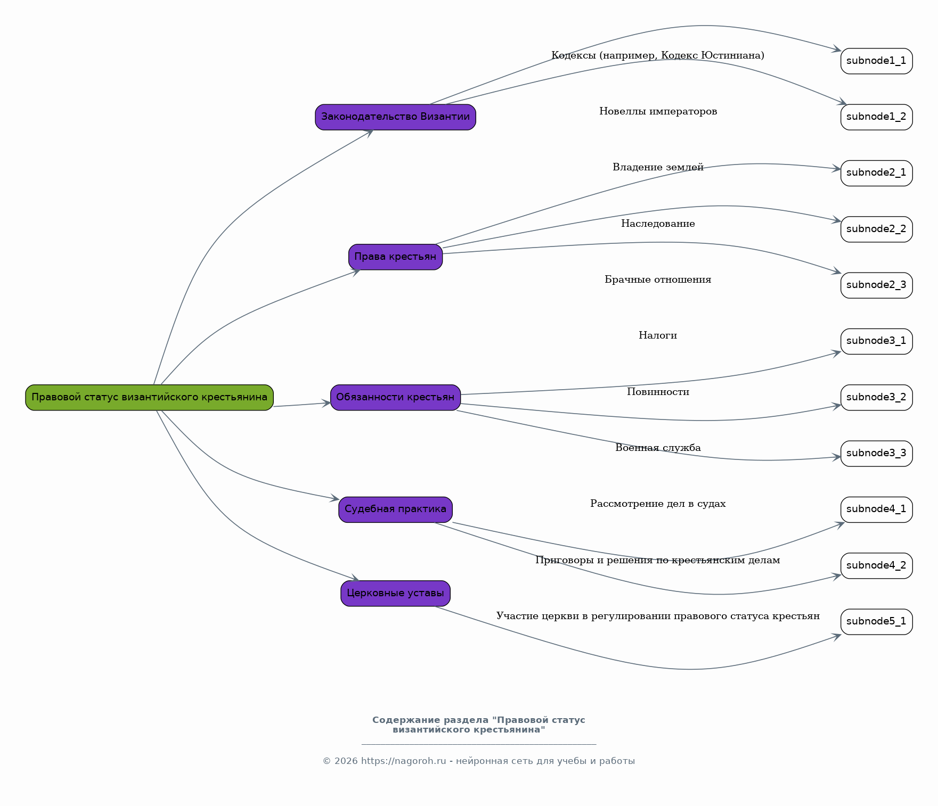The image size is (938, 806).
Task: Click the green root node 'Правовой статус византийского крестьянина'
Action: (149, 397)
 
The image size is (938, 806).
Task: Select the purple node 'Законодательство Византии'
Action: (395, 117)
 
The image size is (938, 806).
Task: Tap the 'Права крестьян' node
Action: (395, 257)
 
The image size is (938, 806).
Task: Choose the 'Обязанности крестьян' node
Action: (395, 397)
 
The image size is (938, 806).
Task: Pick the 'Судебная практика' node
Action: (395, 509)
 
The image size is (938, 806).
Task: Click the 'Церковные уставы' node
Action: (395, 593)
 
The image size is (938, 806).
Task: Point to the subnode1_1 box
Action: (876, 61)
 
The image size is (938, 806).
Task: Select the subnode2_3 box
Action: (876, 285)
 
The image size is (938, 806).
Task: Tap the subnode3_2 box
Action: (876, 397)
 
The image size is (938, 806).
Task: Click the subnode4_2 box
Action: (876, 565)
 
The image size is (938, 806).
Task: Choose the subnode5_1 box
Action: (876, 622)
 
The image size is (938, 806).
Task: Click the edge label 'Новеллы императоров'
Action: (658, 111)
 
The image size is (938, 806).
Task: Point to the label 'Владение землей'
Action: (658, 167)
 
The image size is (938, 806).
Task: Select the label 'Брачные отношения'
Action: (658, 279)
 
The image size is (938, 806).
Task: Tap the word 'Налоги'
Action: (658, 335)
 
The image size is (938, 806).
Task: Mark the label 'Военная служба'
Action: (658, 448)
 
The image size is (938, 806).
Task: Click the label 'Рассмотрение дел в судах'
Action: (658, 504)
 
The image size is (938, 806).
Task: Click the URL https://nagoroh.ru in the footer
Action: (403, 761)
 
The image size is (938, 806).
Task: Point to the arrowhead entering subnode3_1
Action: (837, 352)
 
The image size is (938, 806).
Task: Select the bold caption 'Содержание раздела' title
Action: (478, 725)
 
